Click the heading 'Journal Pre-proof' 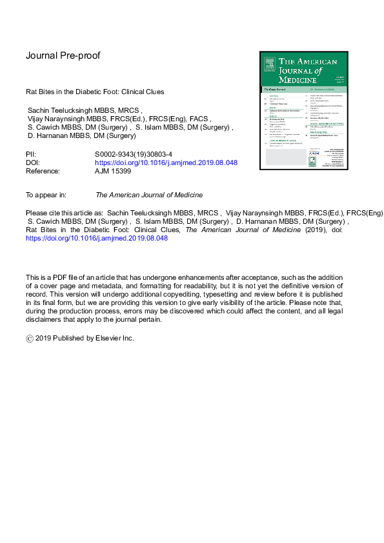(63, 55)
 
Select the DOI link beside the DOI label (166, 163)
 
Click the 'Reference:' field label (43, 172)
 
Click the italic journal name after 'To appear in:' (149, 195)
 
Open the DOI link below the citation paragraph (96, 238)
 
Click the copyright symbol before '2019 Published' (29, 338)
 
